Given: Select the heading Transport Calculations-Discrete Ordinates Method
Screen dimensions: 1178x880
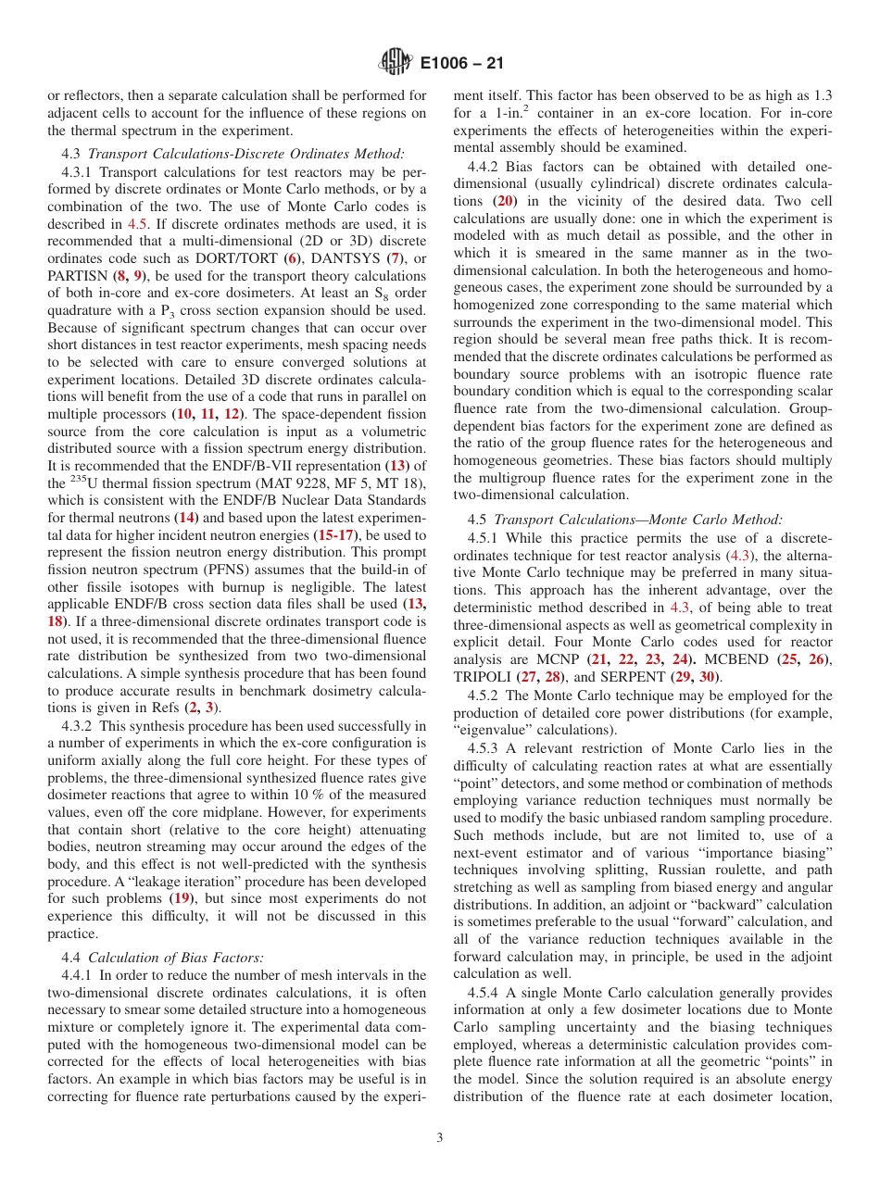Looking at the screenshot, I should pos(245,153).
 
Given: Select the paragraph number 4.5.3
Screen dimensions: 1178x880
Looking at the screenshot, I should pos(485,748).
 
